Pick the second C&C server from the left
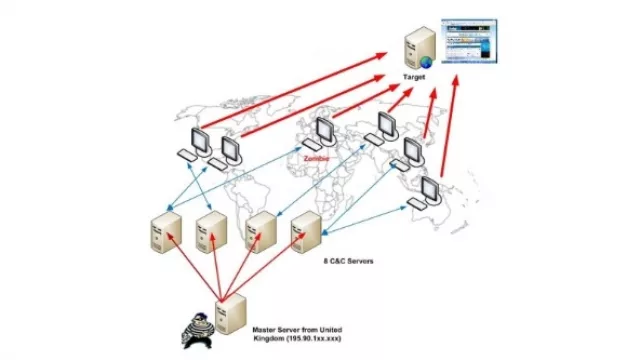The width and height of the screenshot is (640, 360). (211, 232)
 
